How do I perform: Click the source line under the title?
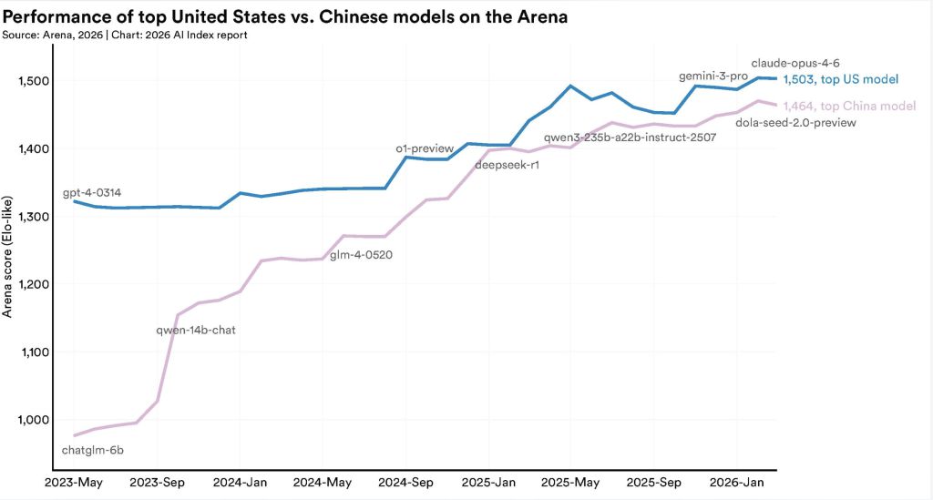(x=125, y=35)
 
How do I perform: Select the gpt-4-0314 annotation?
(x=92, y=193)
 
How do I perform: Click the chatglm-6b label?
(x=92, y=450)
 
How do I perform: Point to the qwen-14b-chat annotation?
(x=196, y=330)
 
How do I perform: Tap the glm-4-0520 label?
(x=362, y=255)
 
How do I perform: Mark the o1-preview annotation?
(x=425, y=148)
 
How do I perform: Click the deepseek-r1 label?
(x=507, y=167)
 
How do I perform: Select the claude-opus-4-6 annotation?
(x=795, y=64)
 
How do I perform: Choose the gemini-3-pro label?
(x=713, y=76)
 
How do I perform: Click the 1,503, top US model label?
(x=841, y=80)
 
